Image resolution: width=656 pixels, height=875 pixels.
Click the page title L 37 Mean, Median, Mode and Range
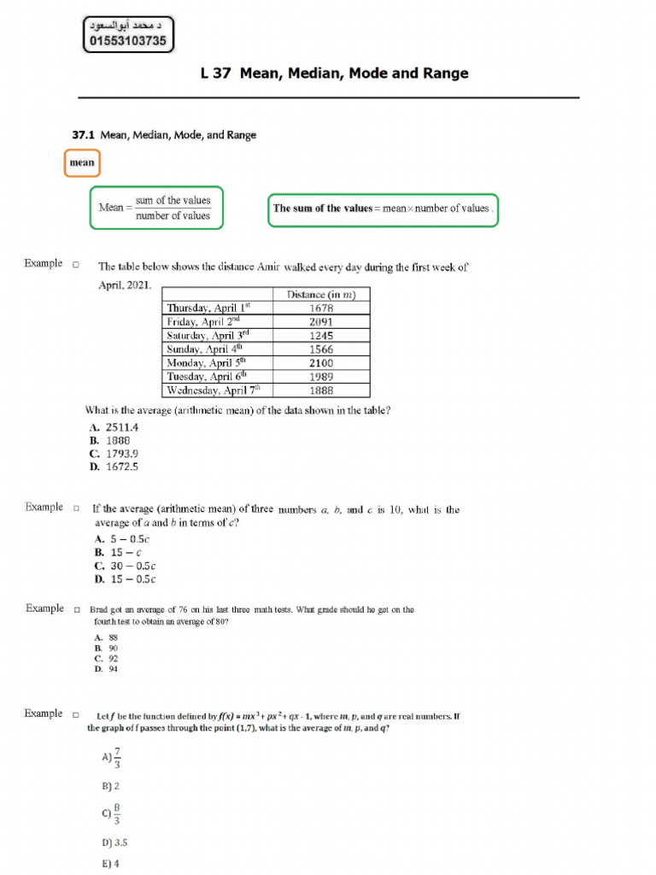point(334,73)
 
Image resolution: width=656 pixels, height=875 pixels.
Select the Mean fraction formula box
point(156,208)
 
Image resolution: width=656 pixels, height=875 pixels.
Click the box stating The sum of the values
point(382,208)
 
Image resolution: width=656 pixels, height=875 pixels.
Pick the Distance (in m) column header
point(321,295)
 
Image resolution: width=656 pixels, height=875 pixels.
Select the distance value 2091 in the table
point(321,322)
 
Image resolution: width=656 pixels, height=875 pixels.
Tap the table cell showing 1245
point(321,336)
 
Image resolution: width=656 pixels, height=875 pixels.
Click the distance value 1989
point(321,377)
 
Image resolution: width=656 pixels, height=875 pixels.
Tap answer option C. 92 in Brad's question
point(107,659)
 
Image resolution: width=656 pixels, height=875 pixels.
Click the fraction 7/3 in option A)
point(117,757)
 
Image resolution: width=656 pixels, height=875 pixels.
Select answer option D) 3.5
point(114,842)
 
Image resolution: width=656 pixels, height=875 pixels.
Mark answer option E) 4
point(110,864)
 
